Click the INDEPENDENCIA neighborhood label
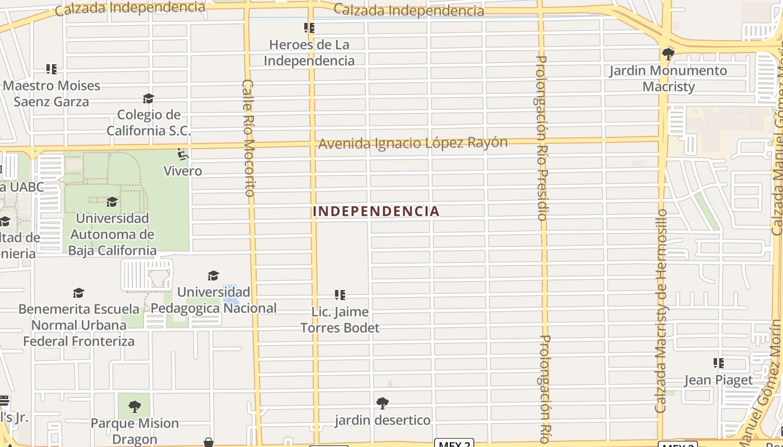coord(376,211)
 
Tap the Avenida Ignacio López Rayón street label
coord(413,143)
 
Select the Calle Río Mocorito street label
coord(248,137)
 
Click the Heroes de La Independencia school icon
coord(309,27)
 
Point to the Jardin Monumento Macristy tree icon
coord(668,54)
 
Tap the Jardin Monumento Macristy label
coord(668,78)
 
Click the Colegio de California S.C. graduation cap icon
coord(148,99)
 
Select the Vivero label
coord(182,170)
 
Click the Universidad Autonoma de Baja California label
coord(112,234)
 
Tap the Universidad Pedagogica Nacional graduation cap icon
coord(213,275)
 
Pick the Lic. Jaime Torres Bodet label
coord(340,320)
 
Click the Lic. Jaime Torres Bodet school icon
coord(339,294)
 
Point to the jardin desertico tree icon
coord(383,403)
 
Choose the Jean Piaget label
coord(718,380)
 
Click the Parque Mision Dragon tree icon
coord(134,406)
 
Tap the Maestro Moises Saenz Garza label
coord(51,93)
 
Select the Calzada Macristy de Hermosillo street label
coord(661,311)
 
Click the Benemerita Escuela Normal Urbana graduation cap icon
coord(78,293)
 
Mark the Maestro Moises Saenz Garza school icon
coord(51,69)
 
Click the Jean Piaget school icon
coord(719,363)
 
